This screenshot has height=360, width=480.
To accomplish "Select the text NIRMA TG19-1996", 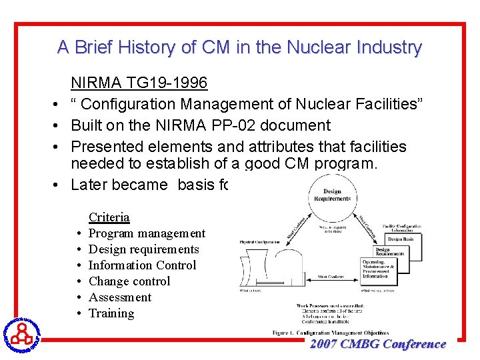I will click(139, 83).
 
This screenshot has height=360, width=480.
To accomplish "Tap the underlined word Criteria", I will click(109, 217).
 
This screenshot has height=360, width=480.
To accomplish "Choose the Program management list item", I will click(147, 233).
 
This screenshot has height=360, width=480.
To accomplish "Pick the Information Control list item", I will click(142, 265).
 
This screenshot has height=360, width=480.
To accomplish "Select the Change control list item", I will click(129, 281).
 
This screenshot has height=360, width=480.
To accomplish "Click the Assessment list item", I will click(120, 297).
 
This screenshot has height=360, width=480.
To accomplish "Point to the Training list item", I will click(111, 313).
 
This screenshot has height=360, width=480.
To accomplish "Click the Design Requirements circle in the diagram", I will click(331, 194).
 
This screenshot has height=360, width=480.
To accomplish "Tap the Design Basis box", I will click(403, 238).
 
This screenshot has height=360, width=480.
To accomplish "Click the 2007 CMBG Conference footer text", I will click(377, 344).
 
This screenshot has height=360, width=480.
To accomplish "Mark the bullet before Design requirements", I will click(79, 250).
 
